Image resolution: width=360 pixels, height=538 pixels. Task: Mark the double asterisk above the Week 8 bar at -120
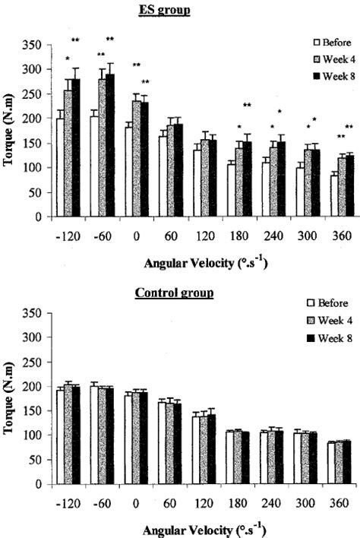coord(75,40)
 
